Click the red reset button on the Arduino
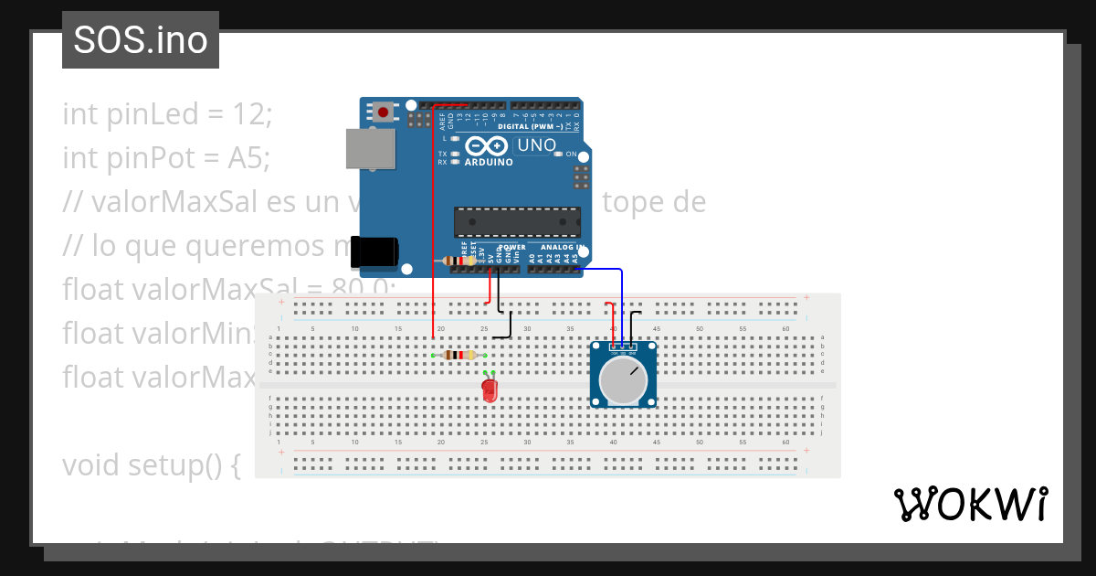click(384, 112)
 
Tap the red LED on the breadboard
click(490, 390)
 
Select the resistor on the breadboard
click(458, 355)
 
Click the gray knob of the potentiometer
click(623, 381)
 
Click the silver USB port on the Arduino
click(370, 148)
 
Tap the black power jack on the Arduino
click(375, 252)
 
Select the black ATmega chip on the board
click(517, 222)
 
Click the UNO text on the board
click(536, 145)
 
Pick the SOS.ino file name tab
click(141, 40)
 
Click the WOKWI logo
click(970, 504)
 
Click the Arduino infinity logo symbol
click(486, 145)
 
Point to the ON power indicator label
click(571, 155)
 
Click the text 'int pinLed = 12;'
click(167, 115)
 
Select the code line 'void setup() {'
click(151, 465)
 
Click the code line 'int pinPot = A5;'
click(166, 158)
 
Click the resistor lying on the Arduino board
click(457, 261)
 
